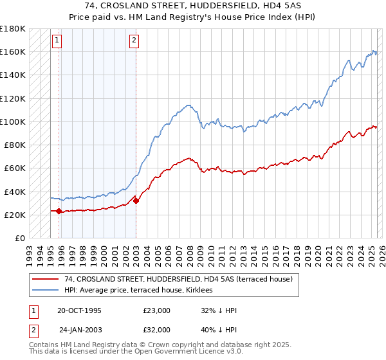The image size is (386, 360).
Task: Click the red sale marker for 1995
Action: (59, 211)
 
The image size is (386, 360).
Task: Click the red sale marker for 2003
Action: (136, 201)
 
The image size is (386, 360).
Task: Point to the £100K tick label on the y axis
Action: (12, 122)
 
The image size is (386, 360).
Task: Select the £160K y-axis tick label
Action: (12, 51)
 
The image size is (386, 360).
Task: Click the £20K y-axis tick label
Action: (14, 215)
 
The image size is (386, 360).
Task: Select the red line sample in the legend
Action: (44, 279)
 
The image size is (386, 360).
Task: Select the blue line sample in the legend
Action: (44, 290)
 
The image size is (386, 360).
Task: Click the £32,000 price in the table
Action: (157, 330)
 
